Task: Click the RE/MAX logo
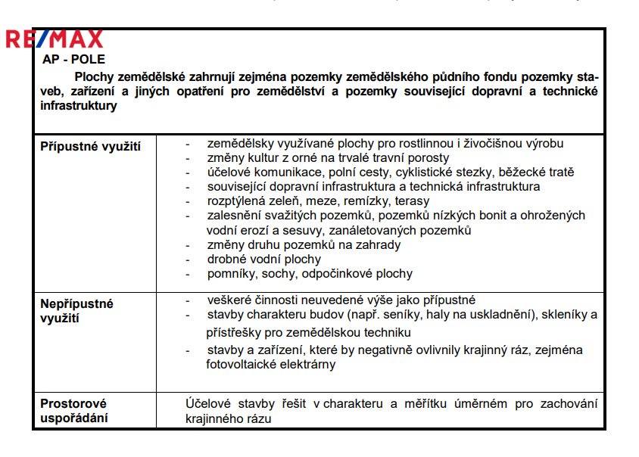tap(55, 39)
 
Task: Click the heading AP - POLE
tap(73, 58)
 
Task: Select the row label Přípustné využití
tap(90, 146)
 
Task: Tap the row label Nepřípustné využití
tap(76, 310)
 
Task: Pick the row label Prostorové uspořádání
tap(73, 411)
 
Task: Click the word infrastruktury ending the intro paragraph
tap(79, 106)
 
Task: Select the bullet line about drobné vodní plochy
tap(258, 260)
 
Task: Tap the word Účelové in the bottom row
tap(210, 403)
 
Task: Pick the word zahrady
tap(378, 244)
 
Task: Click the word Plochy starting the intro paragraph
tap(95, 76)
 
